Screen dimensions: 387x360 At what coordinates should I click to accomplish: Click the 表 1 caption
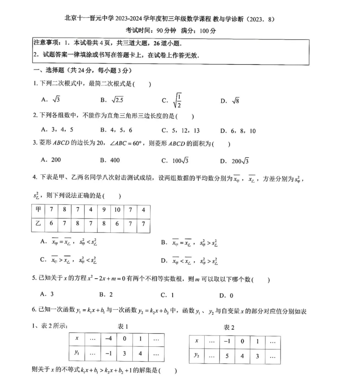(123, 326)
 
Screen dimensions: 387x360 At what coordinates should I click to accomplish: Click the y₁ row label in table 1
(77, 352)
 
